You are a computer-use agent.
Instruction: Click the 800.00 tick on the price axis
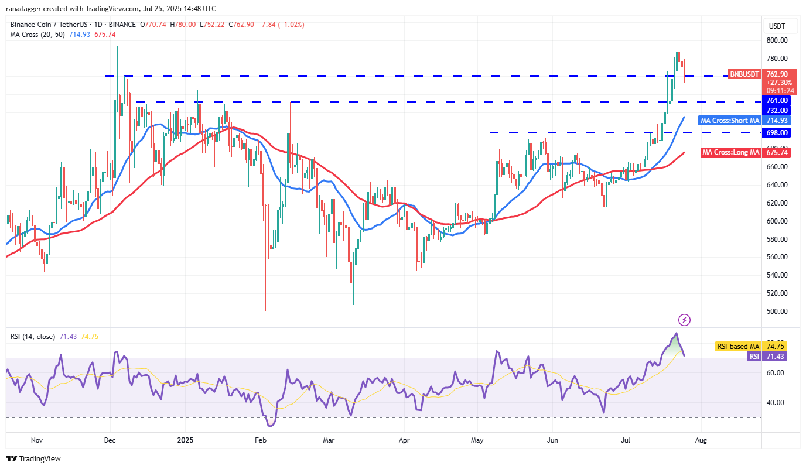[x=778, y=40]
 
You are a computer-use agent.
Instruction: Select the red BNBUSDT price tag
[x=744, y=74]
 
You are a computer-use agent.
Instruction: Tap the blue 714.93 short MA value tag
[x=778, y=121]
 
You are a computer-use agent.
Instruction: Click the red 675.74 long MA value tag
[x=778, y=153]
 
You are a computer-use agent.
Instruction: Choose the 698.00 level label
[x=778, y=132]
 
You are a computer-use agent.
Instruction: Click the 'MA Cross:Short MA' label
[x=730, y=121]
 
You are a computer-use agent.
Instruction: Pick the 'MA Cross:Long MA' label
[x=730, y=153]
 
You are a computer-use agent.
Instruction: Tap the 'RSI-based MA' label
[x=737, y=347]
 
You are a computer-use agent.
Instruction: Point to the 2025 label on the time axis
[x=185, y=440]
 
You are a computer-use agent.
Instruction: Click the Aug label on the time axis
[x=701, y=440]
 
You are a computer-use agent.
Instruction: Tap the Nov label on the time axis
[x=36, y=440]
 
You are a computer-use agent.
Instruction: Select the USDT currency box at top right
[x=777, y=26]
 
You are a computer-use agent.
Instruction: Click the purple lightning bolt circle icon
[x=684, y=320]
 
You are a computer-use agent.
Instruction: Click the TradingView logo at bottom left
[x=33, y=458]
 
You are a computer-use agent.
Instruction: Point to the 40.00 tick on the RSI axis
[x=777, y=403]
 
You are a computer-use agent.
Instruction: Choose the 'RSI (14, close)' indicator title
[x=33, y=337]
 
